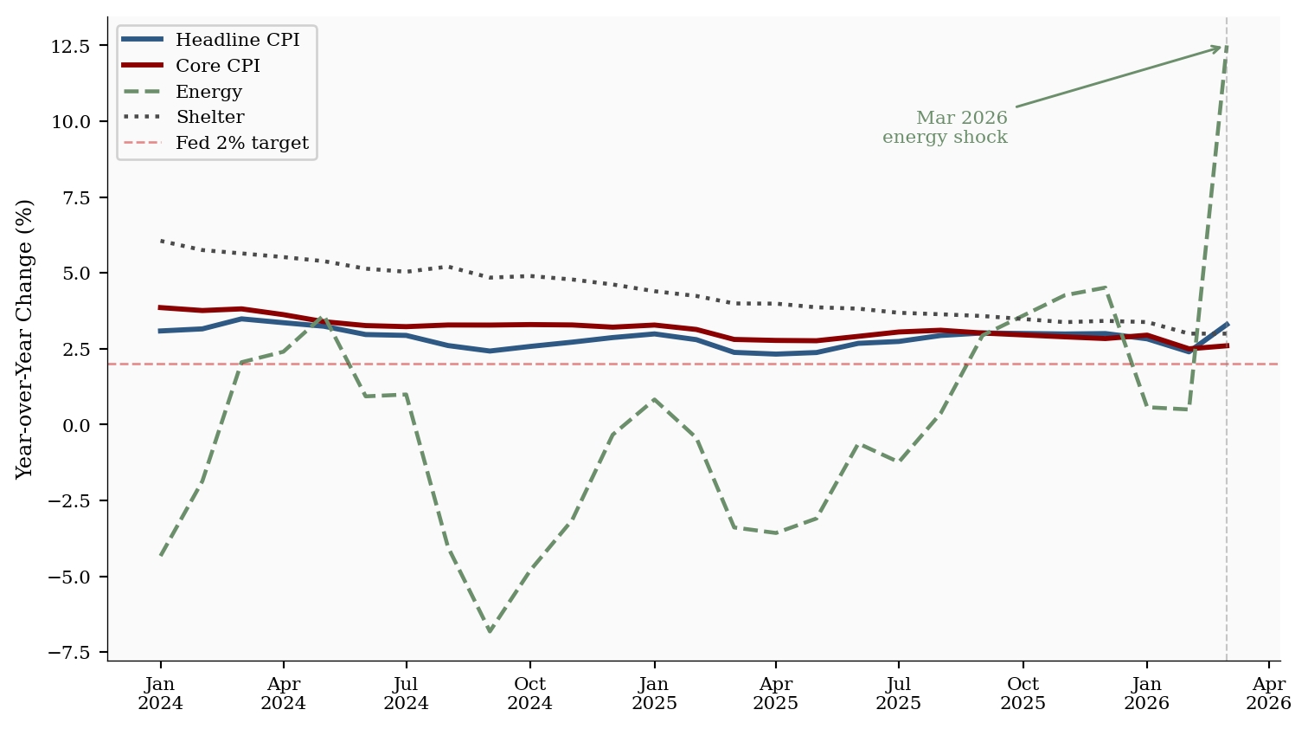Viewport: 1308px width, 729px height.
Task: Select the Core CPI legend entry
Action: coord(217,66)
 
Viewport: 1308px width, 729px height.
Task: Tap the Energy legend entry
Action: coord(208,92)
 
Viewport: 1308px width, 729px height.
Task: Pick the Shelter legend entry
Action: coord(209,117)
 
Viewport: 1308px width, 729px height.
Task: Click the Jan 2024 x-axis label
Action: coord(160,694)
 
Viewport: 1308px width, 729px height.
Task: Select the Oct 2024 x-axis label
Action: coord(529,694)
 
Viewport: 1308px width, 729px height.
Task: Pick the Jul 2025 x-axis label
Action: coord(898,694)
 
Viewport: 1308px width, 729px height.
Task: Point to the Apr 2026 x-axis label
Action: coord(1268,694)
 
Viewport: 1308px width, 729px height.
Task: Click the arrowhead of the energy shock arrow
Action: coord(1220,48)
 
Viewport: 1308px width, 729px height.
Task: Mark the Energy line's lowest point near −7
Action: coord(490,631)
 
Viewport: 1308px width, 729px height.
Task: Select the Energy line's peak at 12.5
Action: coord(1227,46)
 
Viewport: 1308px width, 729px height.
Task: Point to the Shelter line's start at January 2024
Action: coord(161,241)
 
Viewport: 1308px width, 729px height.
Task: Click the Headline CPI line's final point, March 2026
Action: coord(1227,324)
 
